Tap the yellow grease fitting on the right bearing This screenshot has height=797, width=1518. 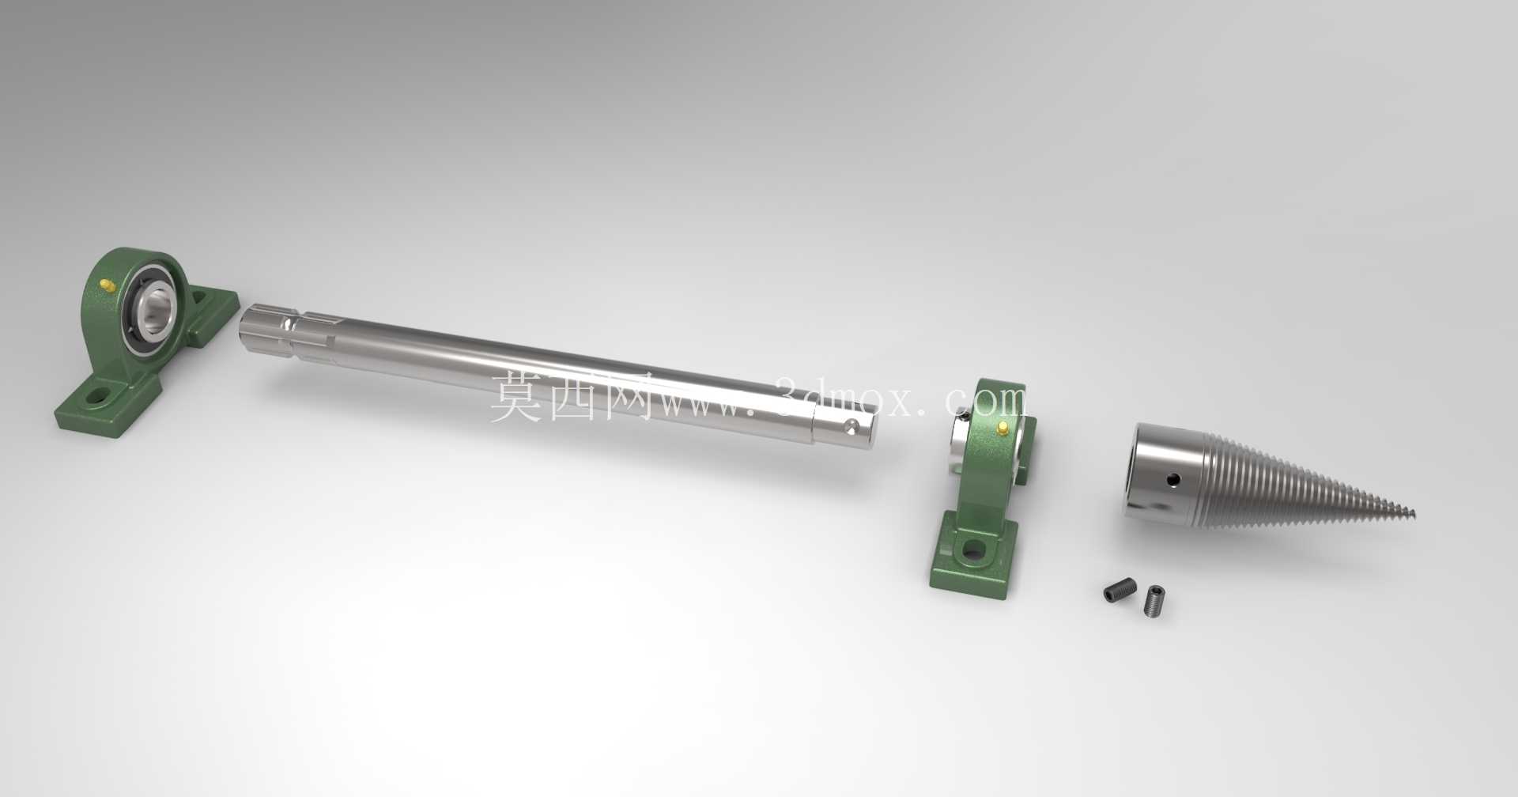click(x=1003, y=428)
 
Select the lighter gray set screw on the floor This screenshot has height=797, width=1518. click(x=1155, y=600)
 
